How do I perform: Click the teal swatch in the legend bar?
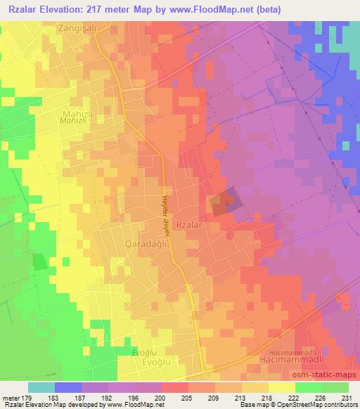[x=41, y=387]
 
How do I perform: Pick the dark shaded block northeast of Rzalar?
[x=226, y=204]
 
